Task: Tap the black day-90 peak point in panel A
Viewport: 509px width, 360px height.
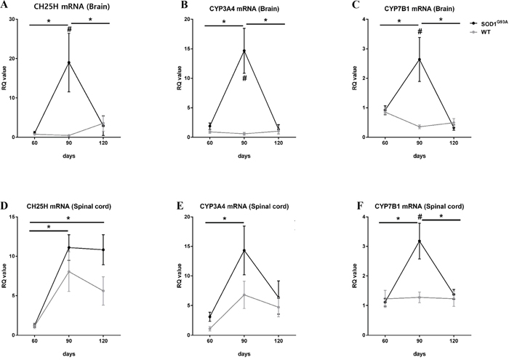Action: (x=69, y=63)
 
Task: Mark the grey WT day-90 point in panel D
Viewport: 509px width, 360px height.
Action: (x=69, y=272)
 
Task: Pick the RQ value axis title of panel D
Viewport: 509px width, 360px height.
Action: (x=7, y=276)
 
